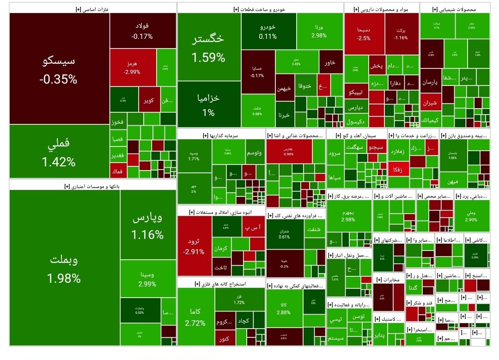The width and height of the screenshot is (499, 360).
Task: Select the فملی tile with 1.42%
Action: click(59, 152)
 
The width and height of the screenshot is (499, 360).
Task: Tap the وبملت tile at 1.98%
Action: click(64, 268)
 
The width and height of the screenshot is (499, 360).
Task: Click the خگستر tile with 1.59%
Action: click(208, 47)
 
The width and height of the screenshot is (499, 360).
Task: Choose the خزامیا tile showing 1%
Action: click(208, 104)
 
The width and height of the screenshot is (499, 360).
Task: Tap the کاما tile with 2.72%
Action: click(195, 317)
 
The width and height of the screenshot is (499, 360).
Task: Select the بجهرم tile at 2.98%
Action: click(348, 215)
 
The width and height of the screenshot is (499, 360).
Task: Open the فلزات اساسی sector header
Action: click(92, 8)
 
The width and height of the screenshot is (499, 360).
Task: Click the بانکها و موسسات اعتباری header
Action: click(92, 185)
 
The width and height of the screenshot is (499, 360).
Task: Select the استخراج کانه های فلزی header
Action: click(222, 282)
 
